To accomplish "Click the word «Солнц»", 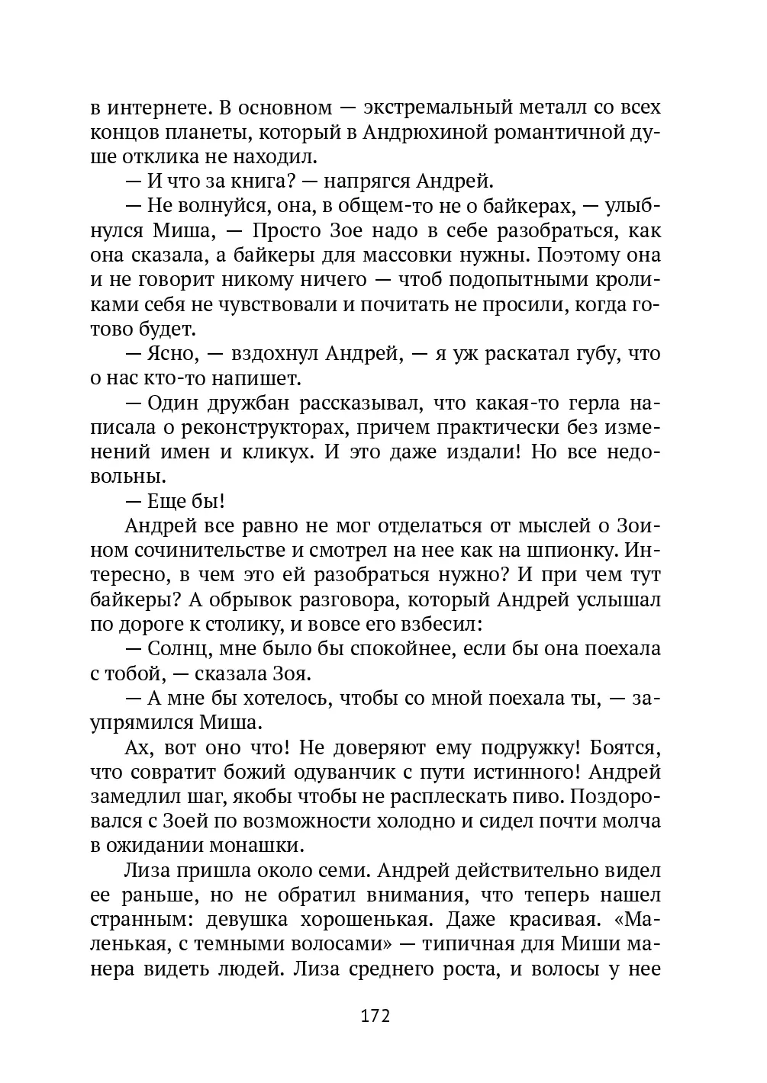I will tap(177, 650).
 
